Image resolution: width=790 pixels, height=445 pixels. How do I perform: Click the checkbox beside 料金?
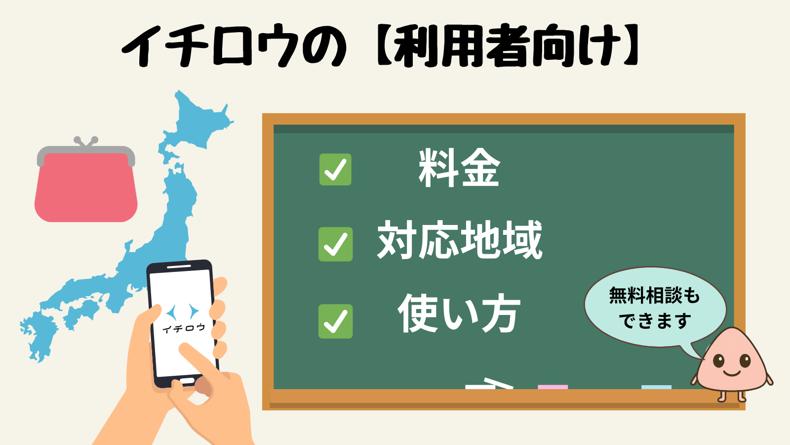pos(335,170)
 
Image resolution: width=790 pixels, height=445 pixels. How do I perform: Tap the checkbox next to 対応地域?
pos(335,244)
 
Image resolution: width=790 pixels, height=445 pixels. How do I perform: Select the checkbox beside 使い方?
pos(335,321)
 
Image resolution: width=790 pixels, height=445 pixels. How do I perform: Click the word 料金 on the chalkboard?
pos(459,169)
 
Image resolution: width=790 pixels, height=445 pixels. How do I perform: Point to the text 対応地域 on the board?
pos(460,240)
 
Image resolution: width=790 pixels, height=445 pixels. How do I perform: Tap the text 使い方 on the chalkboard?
pos(459,313)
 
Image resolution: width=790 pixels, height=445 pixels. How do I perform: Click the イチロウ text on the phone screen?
pos(183,328)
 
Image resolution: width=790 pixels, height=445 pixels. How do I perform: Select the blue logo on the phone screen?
pos(183,311)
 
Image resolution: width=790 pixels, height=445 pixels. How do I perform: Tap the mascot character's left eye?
pos(718,361)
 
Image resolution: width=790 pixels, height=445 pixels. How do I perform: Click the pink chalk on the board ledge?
pos(553,387)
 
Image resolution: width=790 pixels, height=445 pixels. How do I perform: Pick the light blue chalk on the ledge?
pos(656,387)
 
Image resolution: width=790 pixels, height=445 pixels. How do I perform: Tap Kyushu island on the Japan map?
pos(40,336)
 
